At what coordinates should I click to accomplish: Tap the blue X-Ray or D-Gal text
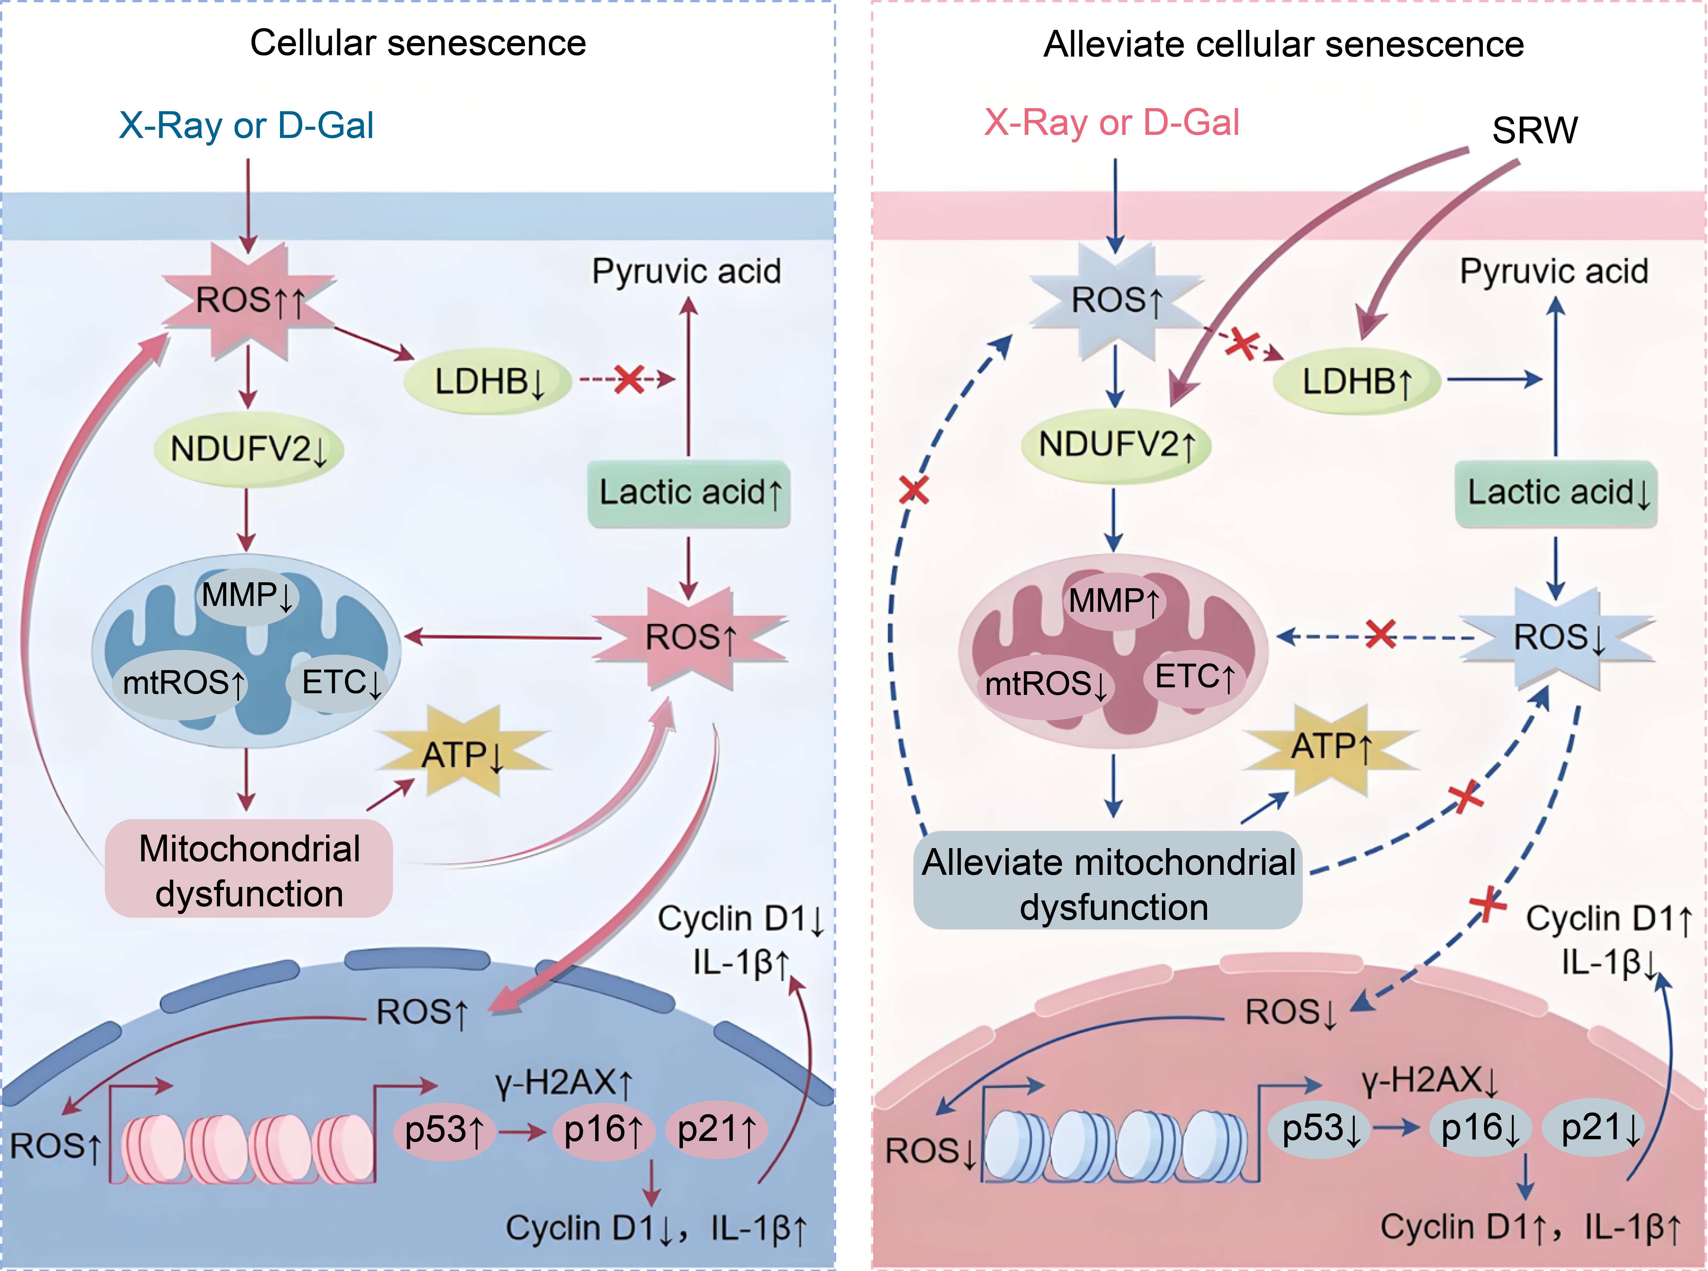tap(246, 125)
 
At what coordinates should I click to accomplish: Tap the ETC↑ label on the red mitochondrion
tap(1194, 677)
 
